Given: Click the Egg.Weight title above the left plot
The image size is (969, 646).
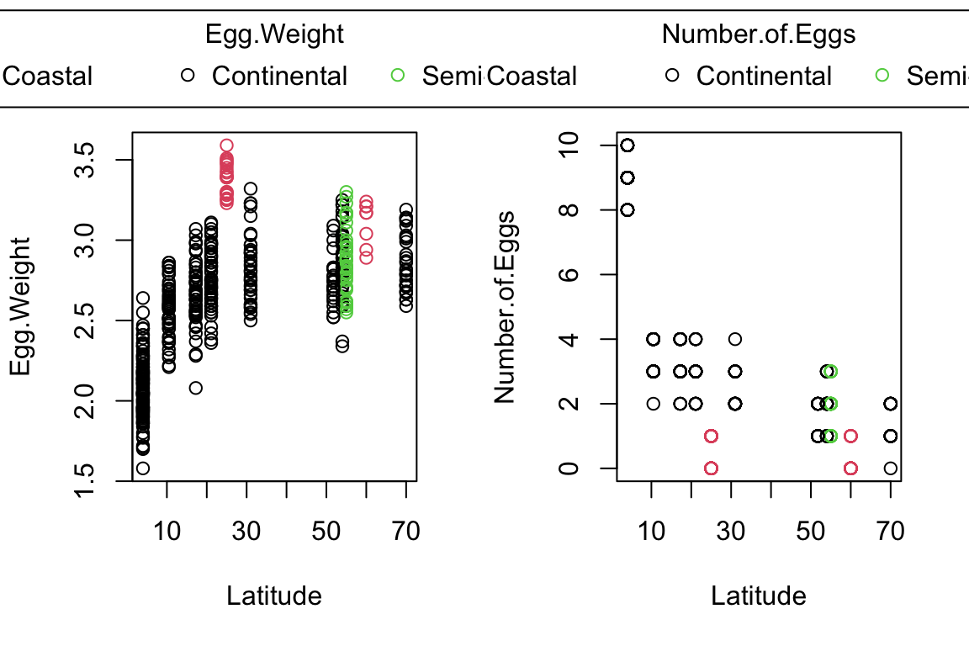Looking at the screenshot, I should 275,34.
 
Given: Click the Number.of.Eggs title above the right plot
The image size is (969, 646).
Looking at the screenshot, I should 759,34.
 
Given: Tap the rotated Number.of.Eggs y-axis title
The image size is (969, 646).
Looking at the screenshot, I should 505,308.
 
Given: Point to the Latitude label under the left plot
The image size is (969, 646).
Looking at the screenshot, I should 274,596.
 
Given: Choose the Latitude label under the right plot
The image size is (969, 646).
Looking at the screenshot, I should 759,596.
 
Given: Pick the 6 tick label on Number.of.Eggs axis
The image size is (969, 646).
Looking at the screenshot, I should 573,274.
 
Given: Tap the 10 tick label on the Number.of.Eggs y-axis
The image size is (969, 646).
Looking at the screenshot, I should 573,146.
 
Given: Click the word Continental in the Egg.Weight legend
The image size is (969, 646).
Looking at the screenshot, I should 279,76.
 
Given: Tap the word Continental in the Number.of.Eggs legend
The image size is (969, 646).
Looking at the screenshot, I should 764,76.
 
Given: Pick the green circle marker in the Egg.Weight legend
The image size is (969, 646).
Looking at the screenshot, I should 398,76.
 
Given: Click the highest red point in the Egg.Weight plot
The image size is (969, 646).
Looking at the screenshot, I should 226,146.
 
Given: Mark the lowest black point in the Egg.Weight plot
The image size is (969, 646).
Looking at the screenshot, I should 143,468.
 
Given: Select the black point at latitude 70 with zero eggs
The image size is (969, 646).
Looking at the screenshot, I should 891,468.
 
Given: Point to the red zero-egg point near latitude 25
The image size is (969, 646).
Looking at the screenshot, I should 711,468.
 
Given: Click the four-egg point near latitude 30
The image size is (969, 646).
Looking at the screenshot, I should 734,339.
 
